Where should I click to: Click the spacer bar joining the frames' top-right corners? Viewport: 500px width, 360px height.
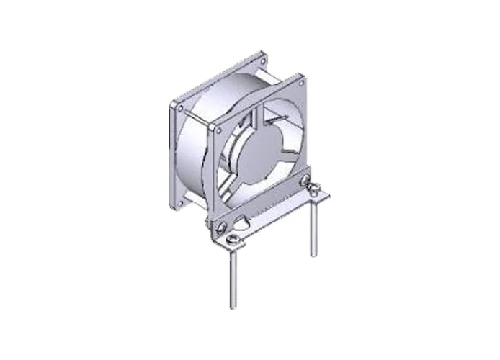click(282, 69)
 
